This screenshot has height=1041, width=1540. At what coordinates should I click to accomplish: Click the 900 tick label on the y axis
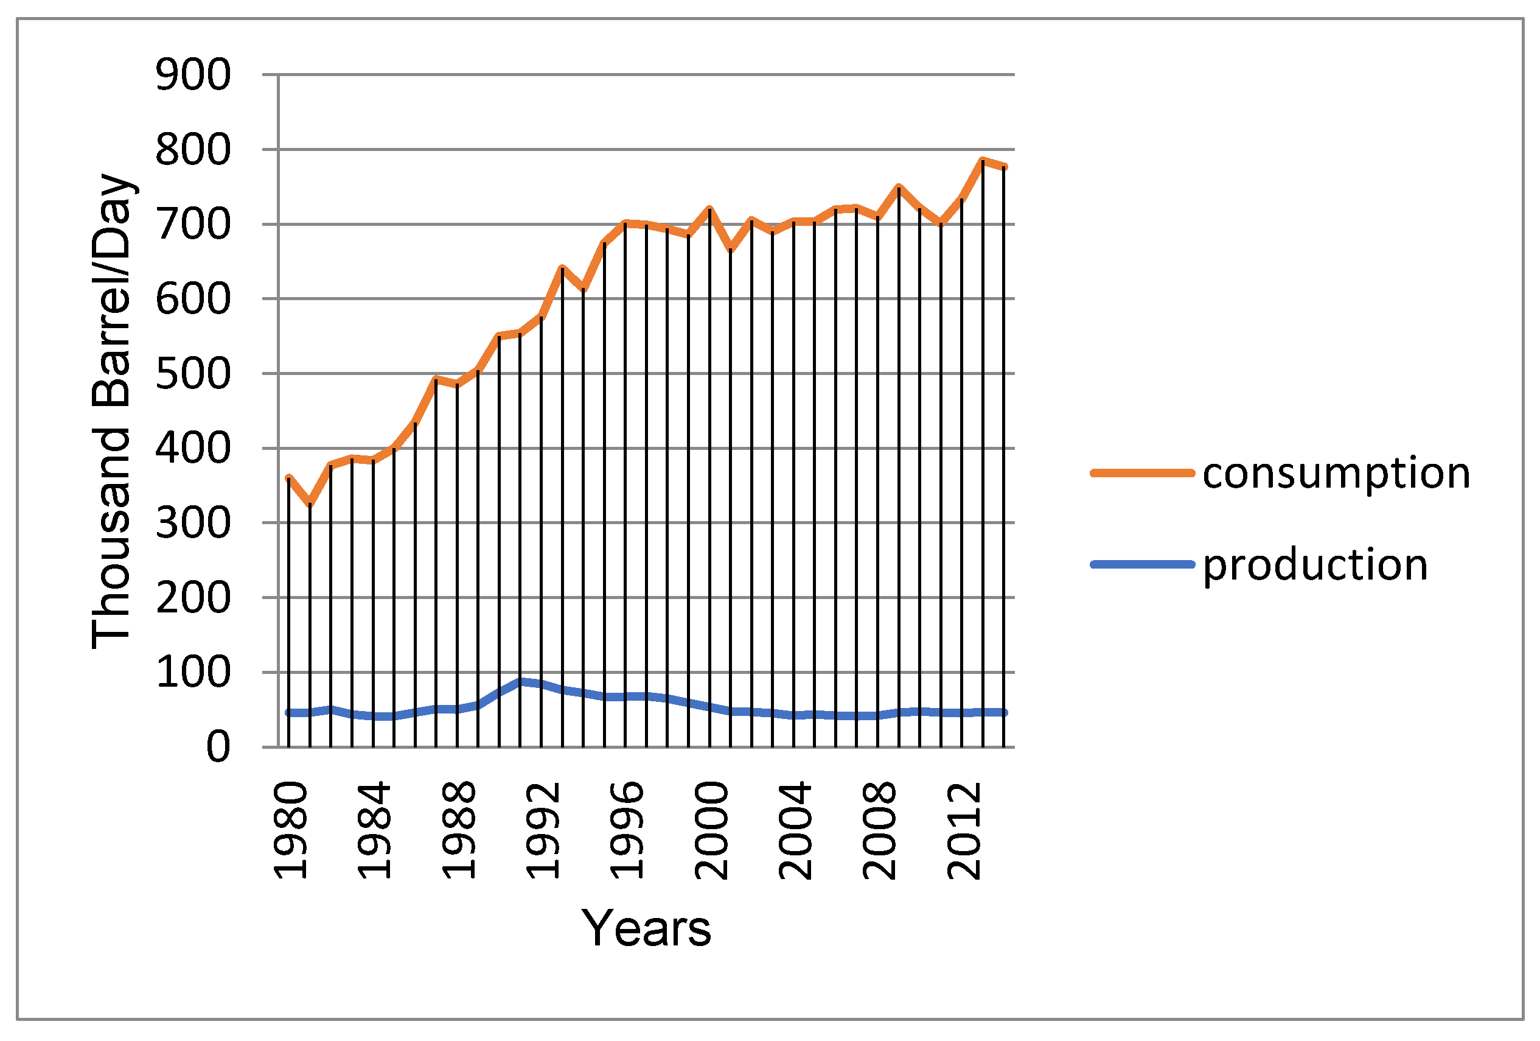[193, 75]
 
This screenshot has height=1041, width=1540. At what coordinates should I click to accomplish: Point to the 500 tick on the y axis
[193, 374]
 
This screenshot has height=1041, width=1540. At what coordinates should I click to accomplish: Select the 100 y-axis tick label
[193, 673]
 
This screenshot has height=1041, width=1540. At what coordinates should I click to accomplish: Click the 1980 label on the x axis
[290, 832]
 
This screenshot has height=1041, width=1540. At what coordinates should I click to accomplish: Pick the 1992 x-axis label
[542, 832]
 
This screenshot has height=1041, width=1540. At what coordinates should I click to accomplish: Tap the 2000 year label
[711, 832]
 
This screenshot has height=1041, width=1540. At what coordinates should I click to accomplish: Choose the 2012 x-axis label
[964, 832]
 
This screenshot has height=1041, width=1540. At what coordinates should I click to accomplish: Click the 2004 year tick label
[795, 832]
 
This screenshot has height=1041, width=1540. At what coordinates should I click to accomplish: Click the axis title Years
[646, 929]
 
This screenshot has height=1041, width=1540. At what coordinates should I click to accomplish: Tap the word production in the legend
[1315, 565]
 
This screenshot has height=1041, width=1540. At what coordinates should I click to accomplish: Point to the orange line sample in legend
[1141, 474]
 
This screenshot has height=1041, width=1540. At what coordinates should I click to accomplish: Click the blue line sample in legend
[1141, 565]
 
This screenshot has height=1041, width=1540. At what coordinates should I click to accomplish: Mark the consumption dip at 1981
[310, 505]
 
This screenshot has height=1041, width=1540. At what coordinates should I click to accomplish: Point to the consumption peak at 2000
[709, 209]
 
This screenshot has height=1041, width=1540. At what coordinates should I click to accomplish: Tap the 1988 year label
[458, 832]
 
